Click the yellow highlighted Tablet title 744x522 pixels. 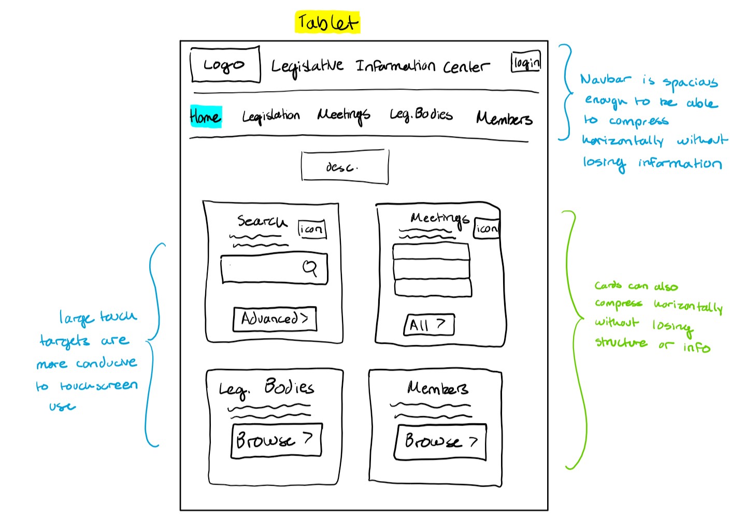pyautogui.click(x=327, y=23)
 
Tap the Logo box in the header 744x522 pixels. pyautogui.click(x=225, y=65)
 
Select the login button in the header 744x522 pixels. pyautogui.click(x=526, y=62)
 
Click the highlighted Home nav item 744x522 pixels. pyautogui.click(x=205, y=117)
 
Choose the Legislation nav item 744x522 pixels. pyautogui.click(x=270, y=116)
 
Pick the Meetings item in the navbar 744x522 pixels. pyautogui.click(x=344, y=115)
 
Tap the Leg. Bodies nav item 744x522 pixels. pyautogui.click(x=421, y=114)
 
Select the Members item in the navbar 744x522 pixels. pyautogui.click(x=504, y=119)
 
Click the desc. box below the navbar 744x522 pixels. pyautogui.click(x=345, y=167)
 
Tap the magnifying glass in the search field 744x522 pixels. pyautogui.click(x=310, y=268)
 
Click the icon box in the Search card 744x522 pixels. pyautogui.click(x=312, y=229)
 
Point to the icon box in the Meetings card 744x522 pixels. pyautogui.click(x=487, y=228)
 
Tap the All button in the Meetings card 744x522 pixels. pyautogui.click(x=429, y=325)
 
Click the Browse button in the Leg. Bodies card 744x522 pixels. pyautogui.click(x=276, y=441)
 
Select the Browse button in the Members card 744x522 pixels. pyautogui.click(x=440, y=442)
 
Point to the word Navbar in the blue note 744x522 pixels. pyautogui.click(x=605, y=79)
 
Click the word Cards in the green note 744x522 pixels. pyautogui.click(x=608, y=285)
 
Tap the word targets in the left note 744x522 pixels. pyautogui.click(x=64, y=341)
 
